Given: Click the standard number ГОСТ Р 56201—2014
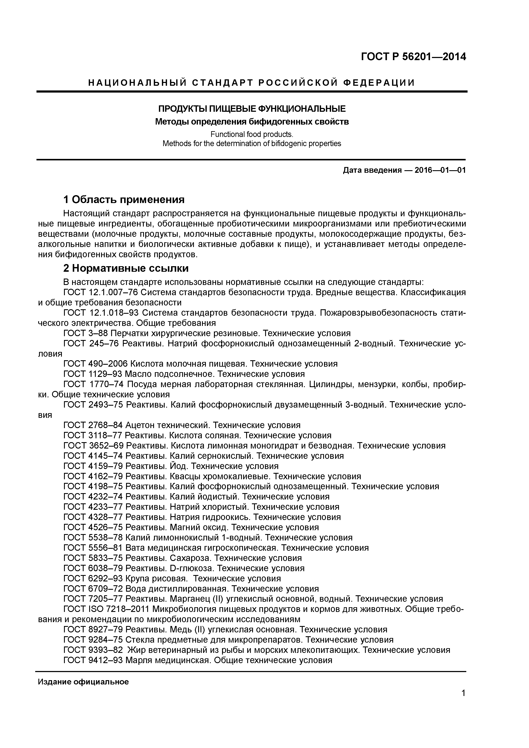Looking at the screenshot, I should tap(413, 57).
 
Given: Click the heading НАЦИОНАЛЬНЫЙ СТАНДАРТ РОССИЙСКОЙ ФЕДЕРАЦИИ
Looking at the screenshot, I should tap(251, 83).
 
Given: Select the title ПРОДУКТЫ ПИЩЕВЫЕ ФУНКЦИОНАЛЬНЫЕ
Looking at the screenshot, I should tap(251, 109).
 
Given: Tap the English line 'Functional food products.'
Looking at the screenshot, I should tap(251, 134).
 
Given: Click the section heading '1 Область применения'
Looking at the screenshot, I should tap(124, 199).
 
